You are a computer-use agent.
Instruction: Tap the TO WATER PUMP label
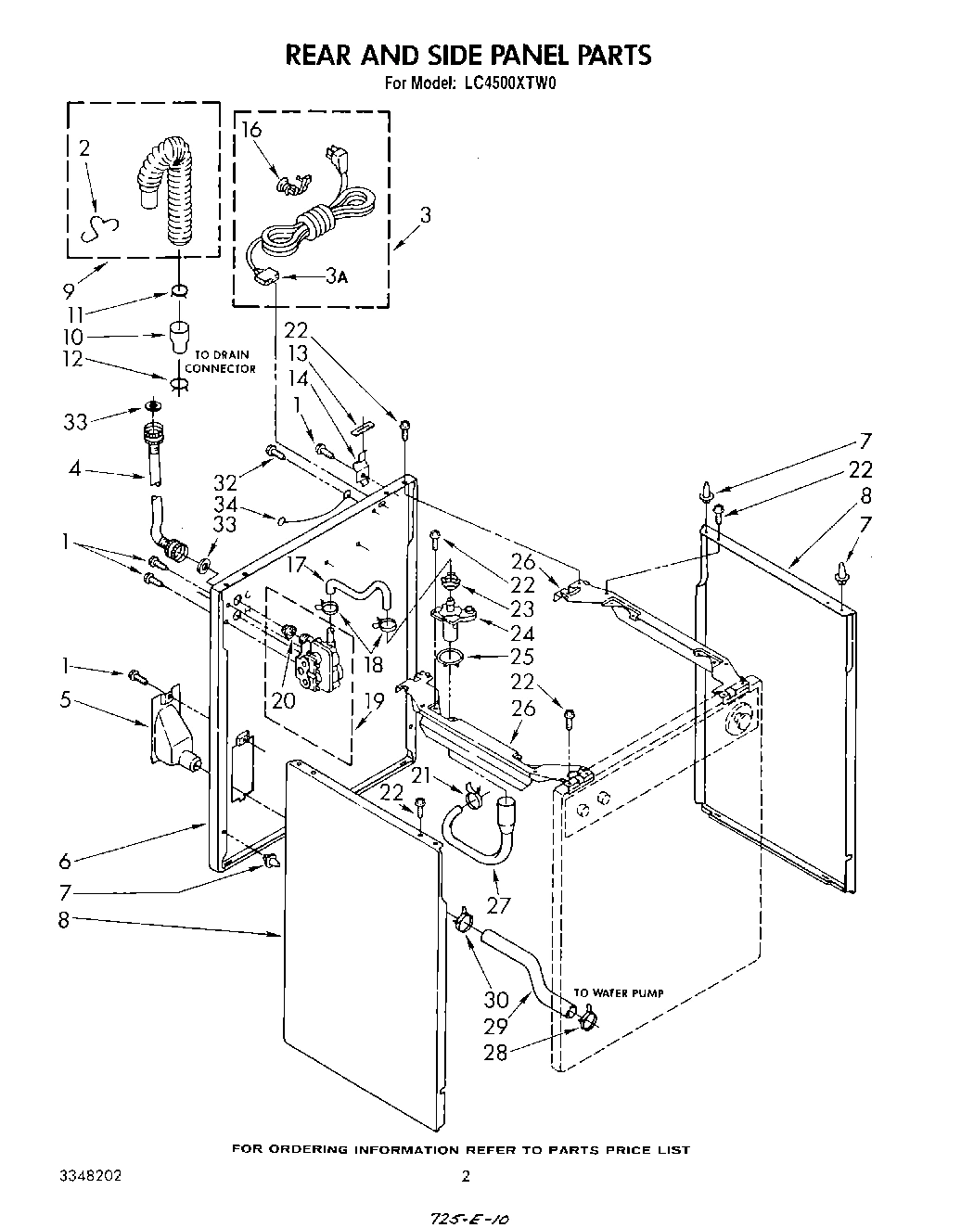(x=618, y=993)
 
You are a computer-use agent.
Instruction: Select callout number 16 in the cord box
(x=252, y=130)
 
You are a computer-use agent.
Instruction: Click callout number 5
(x=65, y=700)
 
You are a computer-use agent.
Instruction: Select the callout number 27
(x=500, y=905)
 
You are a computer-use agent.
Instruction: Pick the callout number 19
(x=373, y=702)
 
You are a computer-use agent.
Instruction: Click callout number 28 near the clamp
(x=495, y=1052)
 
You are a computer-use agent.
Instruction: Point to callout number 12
(x=72, y=360)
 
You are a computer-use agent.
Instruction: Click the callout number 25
(x=522, y=658)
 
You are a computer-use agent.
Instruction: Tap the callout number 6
(x=65, y=862)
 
